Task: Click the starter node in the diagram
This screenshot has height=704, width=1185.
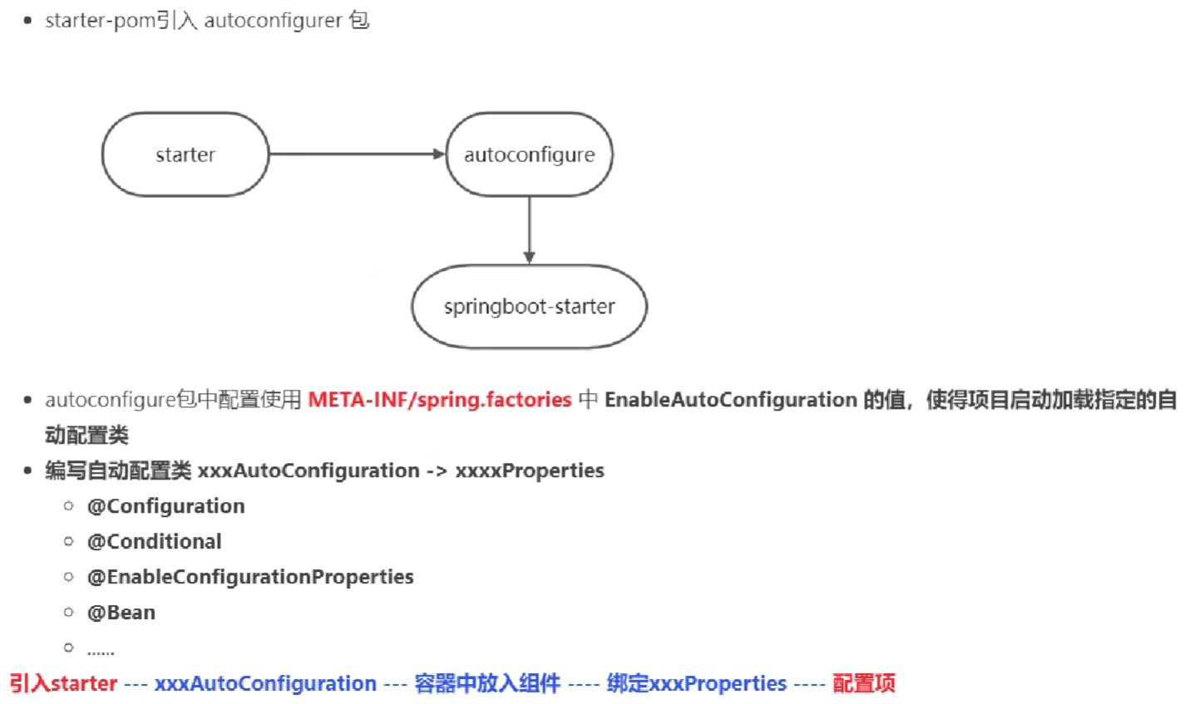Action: point(185,155)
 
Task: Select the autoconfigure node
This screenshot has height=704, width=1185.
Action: point(529,155)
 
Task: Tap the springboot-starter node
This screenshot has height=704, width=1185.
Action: point(529,307)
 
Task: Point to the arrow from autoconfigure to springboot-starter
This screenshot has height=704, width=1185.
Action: point(529,230)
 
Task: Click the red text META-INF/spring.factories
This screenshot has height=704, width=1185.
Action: point(439,400)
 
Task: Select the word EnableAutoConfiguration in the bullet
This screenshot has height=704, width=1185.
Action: point(730,400)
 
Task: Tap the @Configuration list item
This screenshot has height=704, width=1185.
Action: point(165,506)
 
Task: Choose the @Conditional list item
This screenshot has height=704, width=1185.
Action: point(154,542)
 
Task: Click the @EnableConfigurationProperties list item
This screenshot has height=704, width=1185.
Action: point(249,577)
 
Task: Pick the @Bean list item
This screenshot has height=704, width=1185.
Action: point(121,613)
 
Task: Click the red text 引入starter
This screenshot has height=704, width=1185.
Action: point(63,683)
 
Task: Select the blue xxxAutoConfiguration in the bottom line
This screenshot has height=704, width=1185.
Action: point(265,683)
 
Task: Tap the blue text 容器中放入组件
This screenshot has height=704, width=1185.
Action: point(487,683)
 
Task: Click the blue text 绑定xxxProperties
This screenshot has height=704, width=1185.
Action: point(696,683)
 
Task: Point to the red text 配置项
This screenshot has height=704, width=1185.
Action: point(863,683)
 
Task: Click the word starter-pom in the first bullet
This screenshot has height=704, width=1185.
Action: point(100,21)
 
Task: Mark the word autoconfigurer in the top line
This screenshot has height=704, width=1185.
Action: point(273,21)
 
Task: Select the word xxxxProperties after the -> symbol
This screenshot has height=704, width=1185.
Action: point(529,470)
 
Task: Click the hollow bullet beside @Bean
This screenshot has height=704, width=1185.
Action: point(68,613)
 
